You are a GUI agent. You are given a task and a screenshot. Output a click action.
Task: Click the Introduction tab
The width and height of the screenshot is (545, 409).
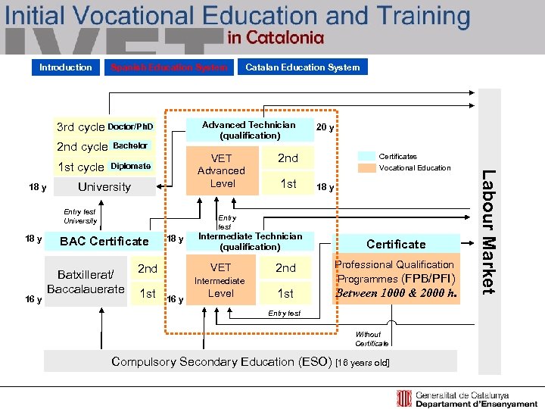coord(66,67)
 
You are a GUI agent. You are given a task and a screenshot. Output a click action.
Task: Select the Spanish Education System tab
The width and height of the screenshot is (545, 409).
coord(169,67)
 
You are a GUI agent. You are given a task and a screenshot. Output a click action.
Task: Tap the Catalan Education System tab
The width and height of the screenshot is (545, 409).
coord(303,67)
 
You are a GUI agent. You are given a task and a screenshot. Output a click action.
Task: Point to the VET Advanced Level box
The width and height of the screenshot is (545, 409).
coord(222,171)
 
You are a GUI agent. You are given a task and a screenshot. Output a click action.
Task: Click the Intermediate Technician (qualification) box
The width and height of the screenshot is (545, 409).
coord(250,242)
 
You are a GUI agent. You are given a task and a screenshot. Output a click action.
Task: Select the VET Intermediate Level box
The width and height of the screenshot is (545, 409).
coord(220,280)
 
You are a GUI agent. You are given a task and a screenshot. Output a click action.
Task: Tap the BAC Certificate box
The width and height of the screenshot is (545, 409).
coord(104,242)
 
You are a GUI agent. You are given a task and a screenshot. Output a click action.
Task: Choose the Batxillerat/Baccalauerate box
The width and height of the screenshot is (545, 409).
coord(86,281)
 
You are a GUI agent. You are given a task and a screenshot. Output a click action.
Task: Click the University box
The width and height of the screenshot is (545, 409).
coord(104,187)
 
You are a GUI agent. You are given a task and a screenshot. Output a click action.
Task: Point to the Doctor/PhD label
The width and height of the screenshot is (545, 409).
coord(130,126)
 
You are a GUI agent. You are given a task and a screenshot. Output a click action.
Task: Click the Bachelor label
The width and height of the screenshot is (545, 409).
coord(130,145)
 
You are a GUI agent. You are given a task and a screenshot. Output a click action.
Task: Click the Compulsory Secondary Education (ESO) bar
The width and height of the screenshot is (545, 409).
coord(251,362)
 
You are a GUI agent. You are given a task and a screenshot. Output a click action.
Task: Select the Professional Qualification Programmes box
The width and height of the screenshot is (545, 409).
coord(396,279)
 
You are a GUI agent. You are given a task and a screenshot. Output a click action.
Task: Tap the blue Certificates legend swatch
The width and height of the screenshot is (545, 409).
coord(366,157)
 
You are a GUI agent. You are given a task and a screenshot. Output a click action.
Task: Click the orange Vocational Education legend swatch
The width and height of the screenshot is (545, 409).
coord(366,168)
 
